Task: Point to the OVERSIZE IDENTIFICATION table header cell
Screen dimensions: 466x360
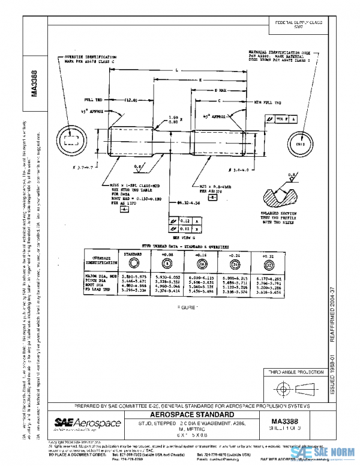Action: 100,259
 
